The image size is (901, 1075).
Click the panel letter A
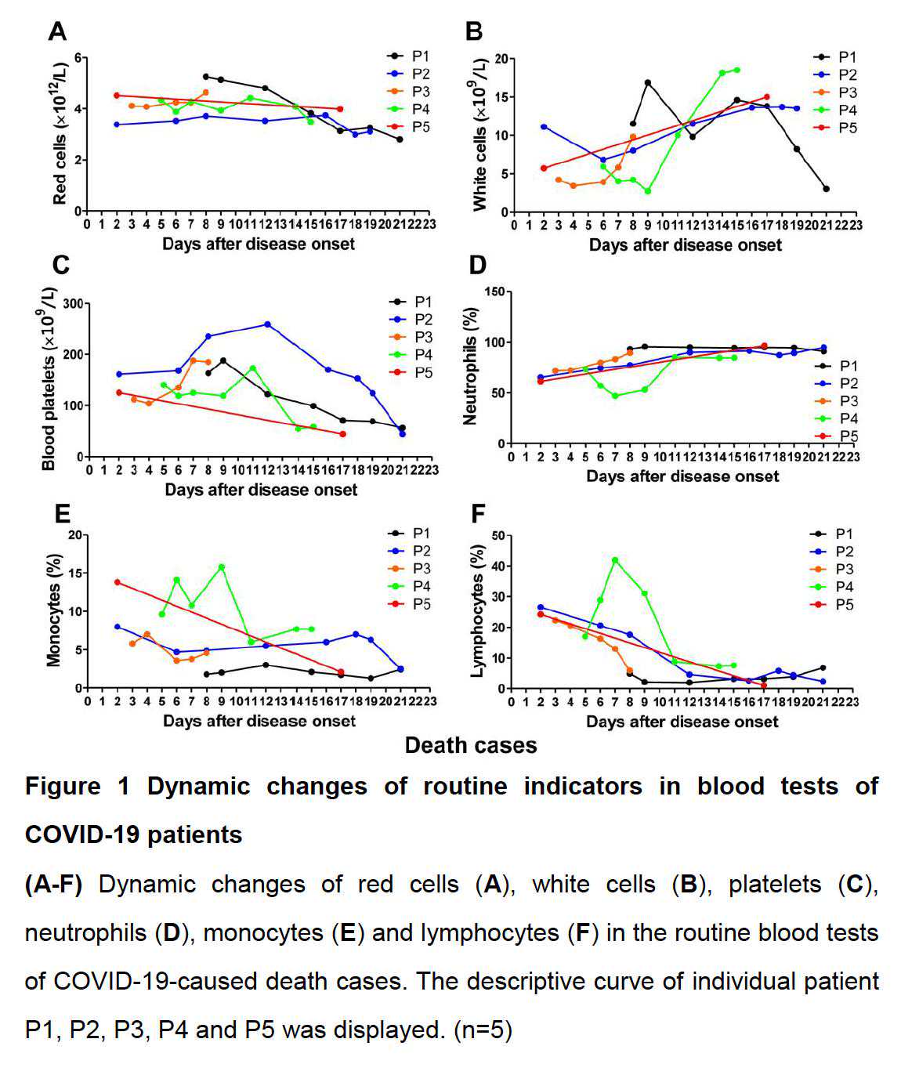click(56, 31)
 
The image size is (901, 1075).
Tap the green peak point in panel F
click(615, 560)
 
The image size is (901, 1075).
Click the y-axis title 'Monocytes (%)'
click(54, 612)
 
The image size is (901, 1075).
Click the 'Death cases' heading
click(471, 745)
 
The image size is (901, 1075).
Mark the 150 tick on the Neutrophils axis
click(494, 291)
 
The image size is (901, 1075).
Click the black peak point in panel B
click(648, 82)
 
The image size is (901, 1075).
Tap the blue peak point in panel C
click(268, 324)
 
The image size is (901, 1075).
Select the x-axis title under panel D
click(682, 476)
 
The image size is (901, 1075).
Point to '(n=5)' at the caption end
click(483, 1030)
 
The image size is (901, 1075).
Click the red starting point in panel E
click(118, 582)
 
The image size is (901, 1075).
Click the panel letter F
click(477, 514)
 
